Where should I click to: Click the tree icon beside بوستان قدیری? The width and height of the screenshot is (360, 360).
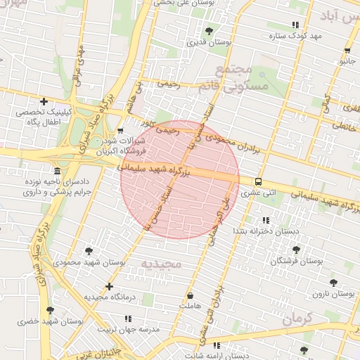click(210, 30)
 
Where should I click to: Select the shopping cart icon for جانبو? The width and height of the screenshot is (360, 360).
click(348, 51)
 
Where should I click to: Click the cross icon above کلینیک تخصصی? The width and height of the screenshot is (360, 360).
click(44, 101)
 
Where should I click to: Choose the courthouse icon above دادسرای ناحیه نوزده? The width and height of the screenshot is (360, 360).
click(56, 172)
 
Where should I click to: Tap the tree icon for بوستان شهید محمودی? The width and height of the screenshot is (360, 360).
click(89, 251)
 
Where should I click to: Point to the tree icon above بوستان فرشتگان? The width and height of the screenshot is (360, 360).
click(295, 250)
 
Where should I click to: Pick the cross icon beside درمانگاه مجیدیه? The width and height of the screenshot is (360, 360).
click(108, 286)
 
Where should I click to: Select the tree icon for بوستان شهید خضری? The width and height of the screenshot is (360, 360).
click(49, 310)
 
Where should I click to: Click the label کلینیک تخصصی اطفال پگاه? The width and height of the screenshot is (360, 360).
click(44, 117)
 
